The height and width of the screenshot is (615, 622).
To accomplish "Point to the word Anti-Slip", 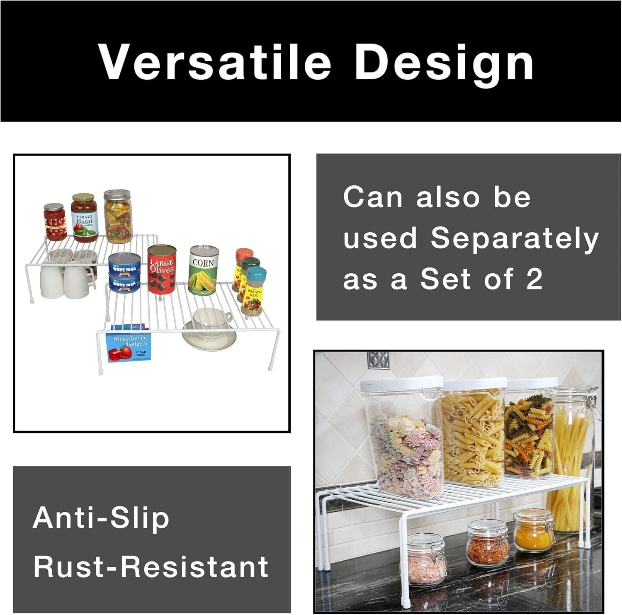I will [101, 518].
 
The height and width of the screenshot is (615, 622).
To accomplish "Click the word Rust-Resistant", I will [151, 566].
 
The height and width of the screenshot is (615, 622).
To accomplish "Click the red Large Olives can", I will [161, 270].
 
